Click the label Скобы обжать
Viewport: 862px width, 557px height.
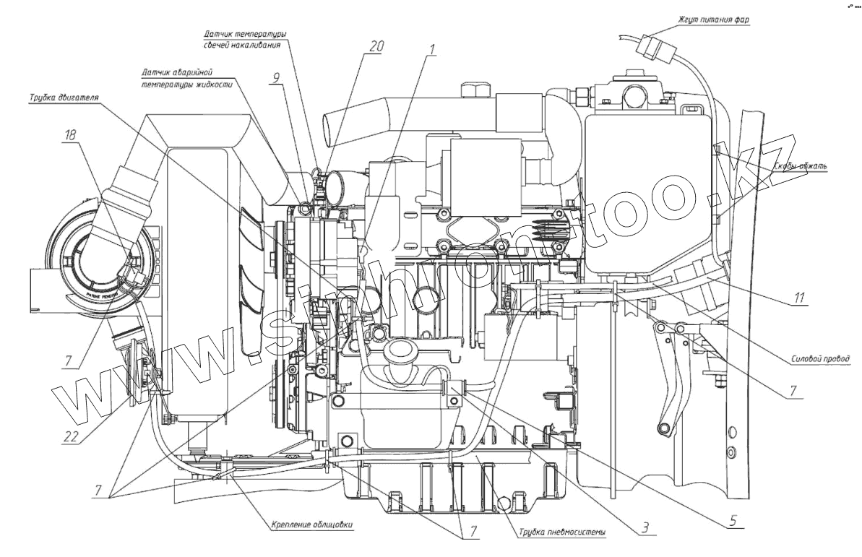[x=800, y=166]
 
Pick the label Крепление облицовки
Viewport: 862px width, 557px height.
[x=312, y=524]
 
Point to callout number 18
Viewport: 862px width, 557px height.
[x=69, y=135]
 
